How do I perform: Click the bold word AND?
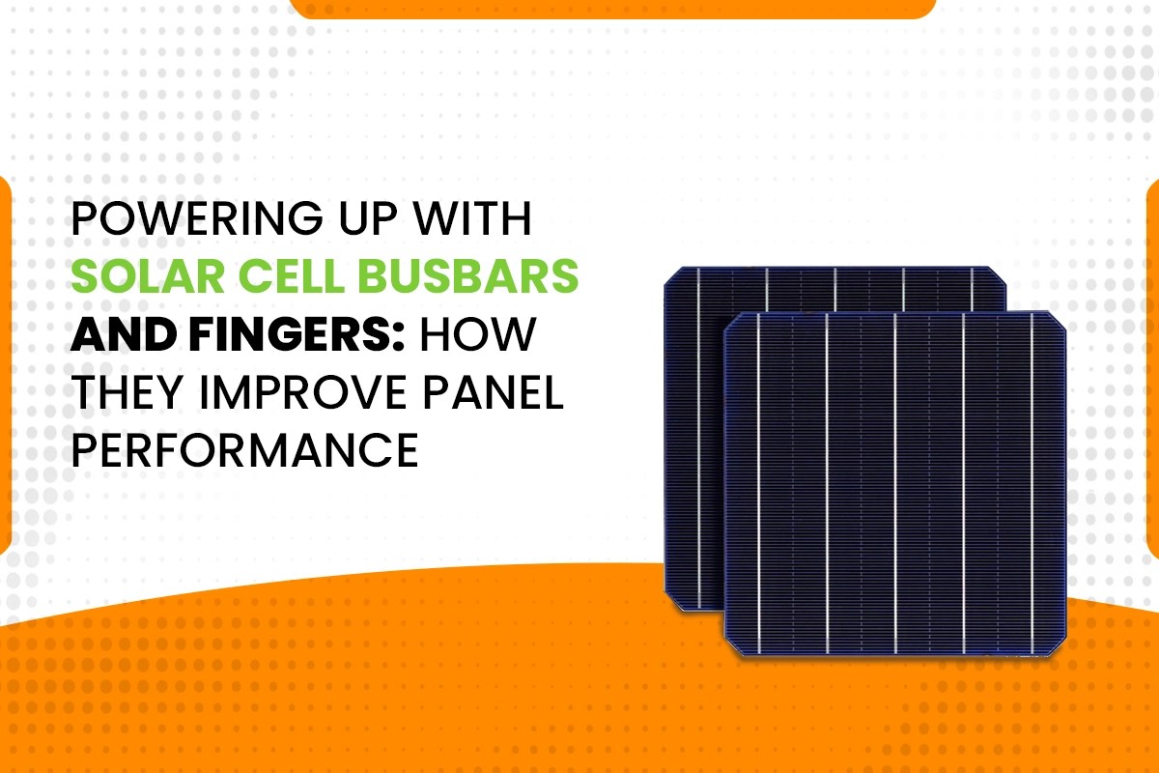coord(117,334)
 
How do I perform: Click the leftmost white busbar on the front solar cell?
coord(758,483)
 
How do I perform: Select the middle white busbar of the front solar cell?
coord(894,483)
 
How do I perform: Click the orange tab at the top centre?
coord(612,9)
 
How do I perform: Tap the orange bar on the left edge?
coord(5,367)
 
